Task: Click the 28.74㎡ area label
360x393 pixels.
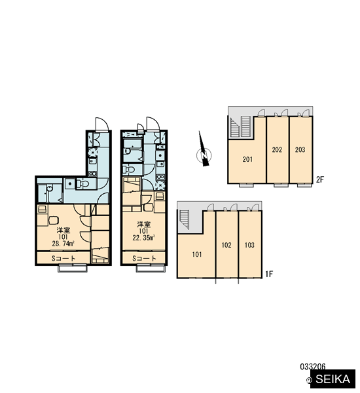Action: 63,244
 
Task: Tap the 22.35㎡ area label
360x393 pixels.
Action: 143,237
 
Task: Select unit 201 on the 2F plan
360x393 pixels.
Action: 247,159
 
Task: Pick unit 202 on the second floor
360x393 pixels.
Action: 277,149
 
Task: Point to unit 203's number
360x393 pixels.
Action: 300,149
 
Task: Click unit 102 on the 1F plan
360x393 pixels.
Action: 226,245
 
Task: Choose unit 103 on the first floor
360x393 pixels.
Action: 249,245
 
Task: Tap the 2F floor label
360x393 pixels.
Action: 319,179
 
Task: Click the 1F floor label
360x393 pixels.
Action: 269,274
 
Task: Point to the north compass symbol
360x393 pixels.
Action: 204,153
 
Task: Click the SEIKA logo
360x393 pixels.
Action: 333,379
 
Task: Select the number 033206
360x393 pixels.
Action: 313,367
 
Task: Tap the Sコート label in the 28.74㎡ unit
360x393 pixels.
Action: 63,258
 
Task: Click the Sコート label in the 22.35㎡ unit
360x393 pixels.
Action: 144,258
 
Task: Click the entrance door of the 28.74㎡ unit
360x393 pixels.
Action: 102,124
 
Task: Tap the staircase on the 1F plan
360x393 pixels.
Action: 185,219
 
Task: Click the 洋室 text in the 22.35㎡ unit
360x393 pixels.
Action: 144,224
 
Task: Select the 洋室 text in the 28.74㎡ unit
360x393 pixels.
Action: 63,231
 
